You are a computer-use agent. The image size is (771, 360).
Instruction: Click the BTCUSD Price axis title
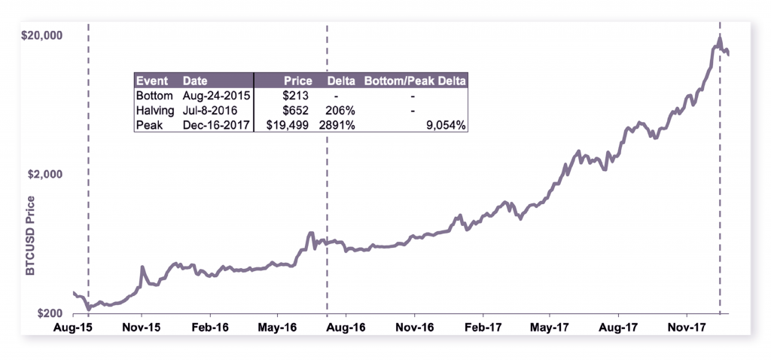[x=31, y=237]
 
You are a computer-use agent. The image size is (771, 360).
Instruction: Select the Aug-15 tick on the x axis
[x=72, y=328]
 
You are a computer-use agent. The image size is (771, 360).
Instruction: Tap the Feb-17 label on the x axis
[x=482, y=328]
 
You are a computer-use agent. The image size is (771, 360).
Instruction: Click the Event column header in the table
[x=150, y=81]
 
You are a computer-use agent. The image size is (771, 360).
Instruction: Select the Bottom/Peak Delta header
[x=415, y=81]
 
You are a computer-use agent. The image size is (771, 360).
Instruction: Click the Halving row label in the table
[x=154, y=110]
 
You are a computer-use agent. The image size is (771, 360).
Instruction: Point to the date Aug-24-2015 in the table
[x=217, y=96]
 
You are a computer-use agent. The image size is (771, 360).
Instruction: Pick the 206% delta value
[x=340, y=110]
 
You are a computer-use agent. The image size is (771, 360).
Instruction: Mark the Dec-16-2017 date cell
[x=217, y=124]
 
